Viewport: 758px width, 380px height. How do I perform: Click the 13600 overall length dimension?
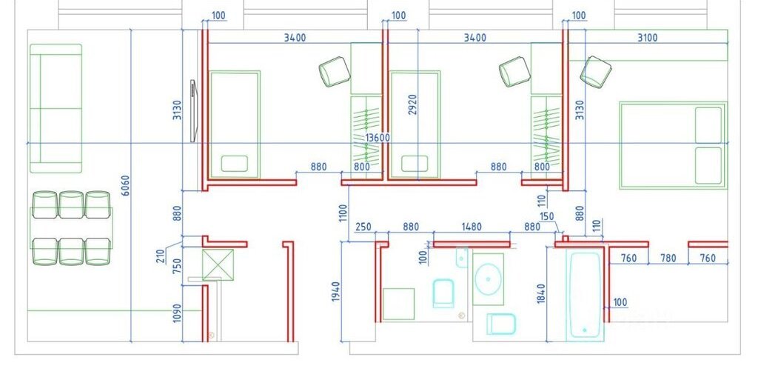[x=378, y=137]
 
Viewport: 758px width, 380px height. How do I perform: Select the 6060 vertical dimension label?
[x=125, y=186]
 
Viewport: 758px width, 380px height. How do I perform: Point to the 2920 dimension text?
[x=412, y=104]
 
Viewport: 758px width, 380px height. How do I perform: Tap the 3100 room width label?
[x=647, y=38]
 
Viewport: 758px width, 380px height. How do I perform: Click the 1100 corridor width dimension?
[x=343, y=213]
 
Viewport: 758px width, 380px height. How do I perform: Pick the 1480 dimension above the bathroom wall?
[x=472, y=227]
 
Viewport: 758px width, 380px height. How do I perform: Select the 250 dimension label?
[x=363, y=227]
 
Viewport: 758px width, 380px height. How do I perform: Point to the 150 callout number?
[x=547, y=216]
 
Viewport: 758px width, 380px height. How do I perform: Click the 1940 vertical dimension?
[x=336, y=292]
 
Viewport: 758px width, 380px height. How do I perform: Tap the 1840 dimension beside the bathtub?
[x=541, y=293]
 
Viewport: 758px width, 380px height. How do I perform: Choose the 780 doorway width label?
[x=668, y=259]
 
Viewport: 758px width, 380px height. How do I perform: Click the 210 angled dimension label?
[x=161, y=255]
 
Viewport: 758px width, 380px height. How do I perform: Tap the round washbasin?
[x=488, y=279]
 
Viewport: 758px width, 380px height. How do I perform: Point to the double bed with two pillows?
[x=673, y=145]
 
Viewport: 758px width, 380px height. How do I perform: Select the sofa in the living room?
[x=56, y=108]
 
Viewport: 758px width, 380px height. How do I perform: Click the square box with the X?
[x=218, y=264]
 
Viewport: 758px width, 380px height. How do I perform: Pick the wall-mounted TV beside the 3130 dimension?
[x=193, y=111]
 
